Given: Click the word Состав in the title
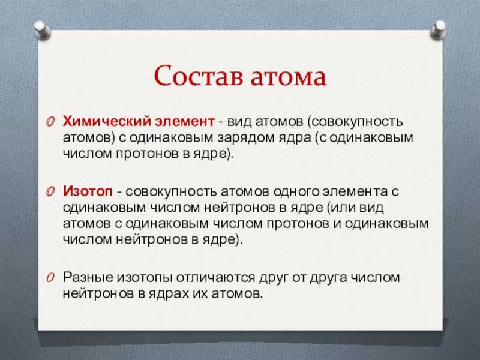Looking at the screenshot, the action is coord(199,76).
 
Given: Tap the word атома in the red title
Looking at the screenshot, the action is coord(289,77).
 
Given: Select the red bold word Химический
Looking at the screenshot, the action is coord(106,122).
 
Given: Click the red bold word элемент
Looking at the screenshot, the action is coord(185,122).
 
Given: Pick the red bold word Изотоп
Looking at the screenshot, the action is coord(88,191).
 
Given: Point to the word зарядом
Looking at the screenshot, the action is coord(245,138).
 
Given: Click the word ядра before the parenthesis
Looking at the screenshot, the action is coord(294,138).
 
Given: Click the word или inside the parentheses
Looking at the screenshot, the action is coord(340,208).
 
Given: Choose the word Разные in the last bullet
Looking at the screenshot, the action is coord(88,278).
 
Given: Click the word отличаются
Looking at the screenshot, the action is coord(215,278).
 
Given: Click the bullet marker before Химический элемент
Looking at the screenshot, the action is coord(50,122).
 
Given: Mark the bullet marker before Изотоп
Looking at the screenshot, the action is coord(50,192).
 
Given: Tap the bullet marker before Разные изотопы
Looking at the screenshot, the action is coord(50,278).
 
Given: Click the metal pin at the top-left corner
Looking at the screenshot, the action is coord(42,29).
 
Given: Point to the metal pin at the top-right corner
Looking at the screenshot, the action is coord(439,29).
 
